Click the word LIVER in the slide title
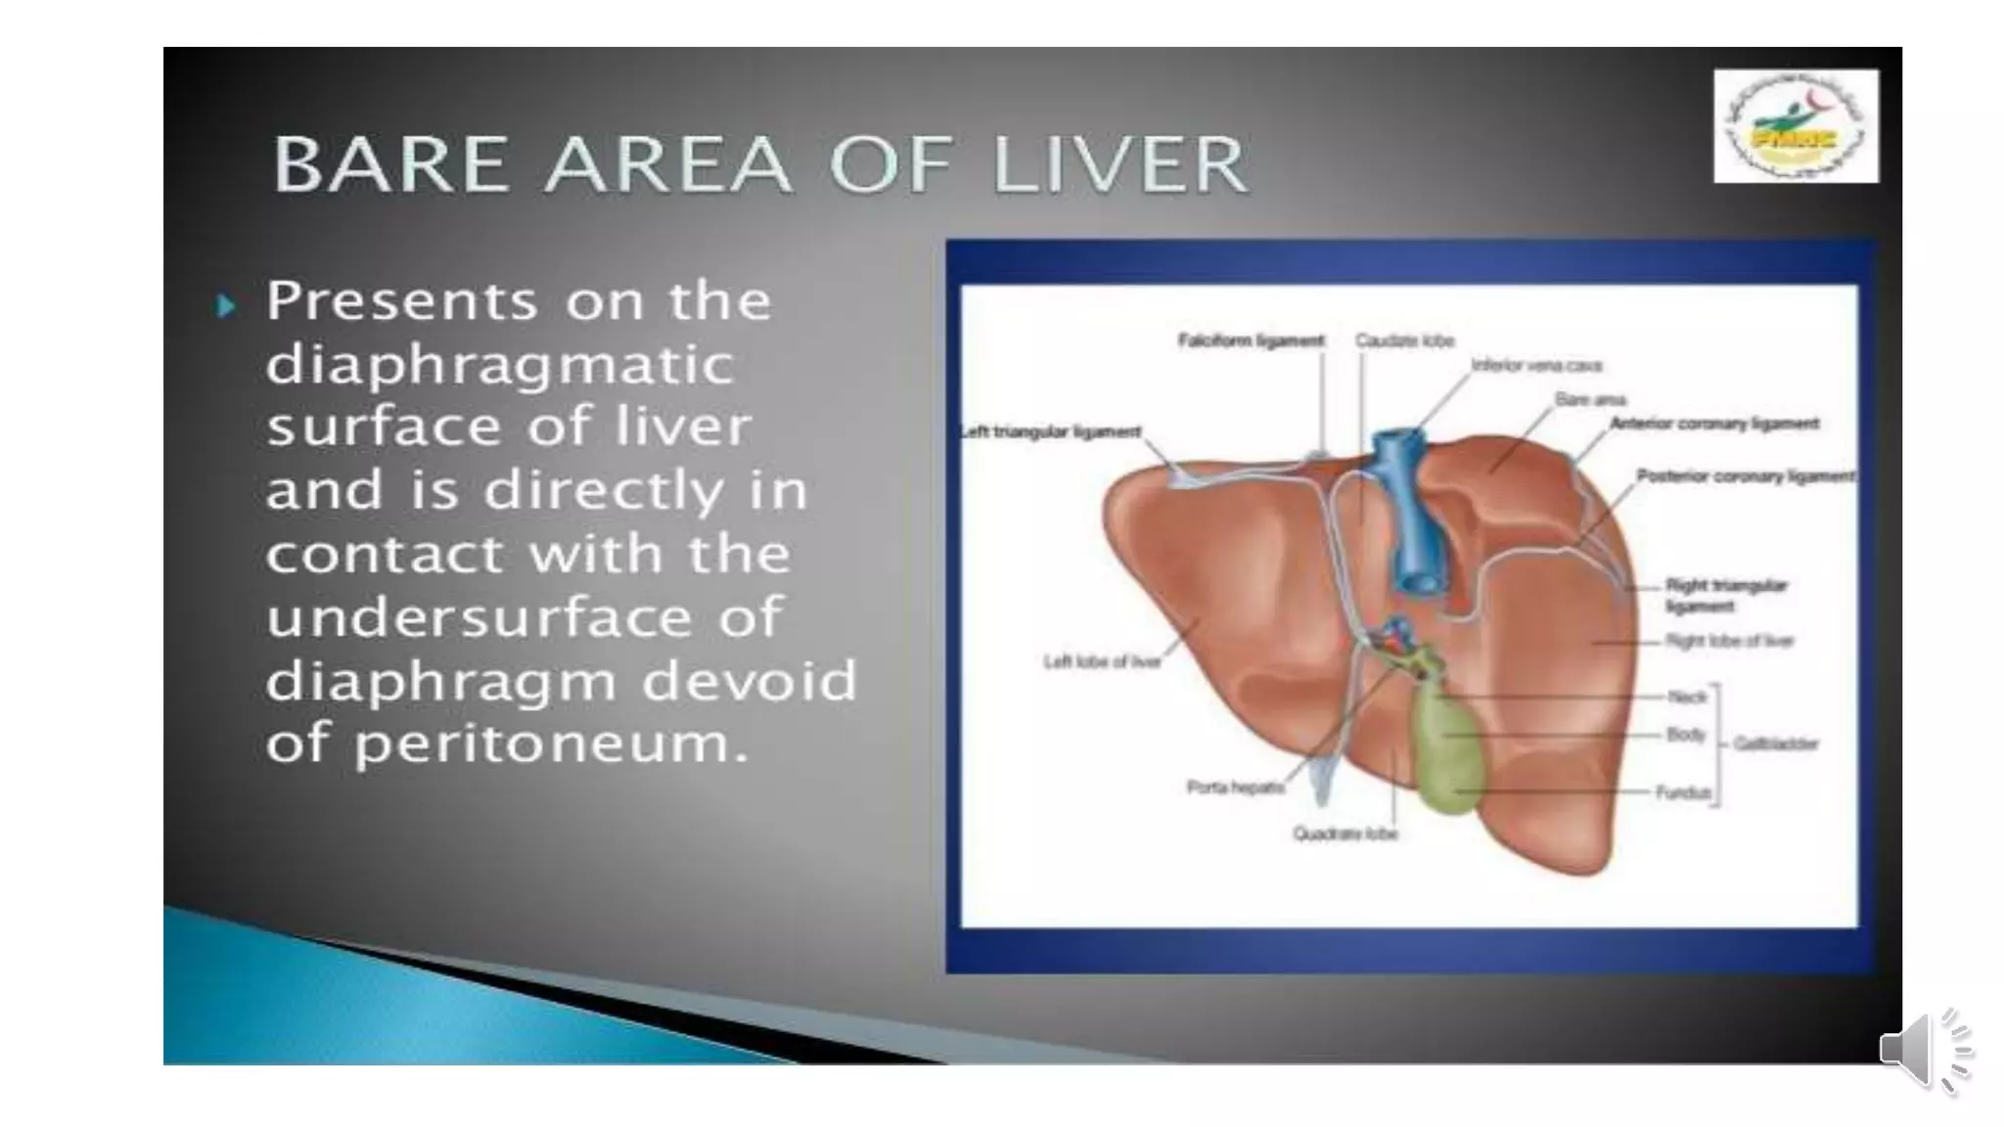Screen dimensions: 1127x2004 (1120, 164)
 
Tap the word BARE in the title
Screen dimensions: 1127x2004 (391, 164)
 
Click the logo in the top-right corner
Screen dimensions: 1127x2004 (1796, 126)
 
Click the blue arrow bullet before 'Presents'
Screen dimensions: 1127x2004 (227, 307)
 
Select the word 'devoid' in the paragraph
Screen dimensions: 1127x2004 (749, 681)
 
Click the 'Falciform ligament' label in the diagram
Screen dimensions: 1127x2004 (1251, 340)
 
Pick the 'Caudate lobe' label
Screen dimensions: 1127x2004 (1404, 340)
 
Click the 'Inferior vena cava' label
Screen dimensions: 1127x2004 (1536, 366)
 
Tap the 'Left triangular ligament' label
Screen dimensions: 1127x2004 (1051, 431)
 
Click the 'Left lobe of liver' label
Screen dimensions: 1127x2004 (1102, 662)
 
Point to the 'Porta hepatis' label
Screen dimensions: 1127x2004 (1235, 787)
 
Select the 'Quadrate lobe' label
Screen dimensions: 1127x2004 (1345, 834)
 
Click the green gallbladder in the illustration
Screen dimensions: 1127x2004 (1444, 748)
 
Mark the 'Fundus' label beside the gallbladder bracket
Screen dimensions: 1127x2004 (1682, 791)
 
